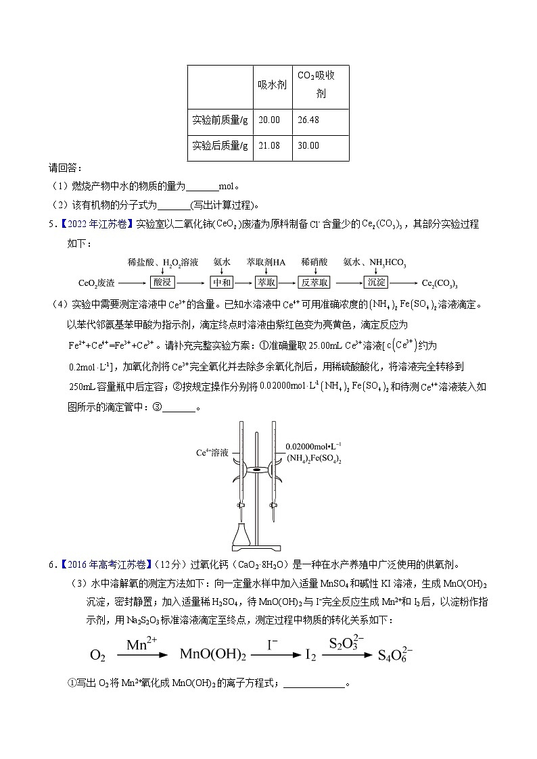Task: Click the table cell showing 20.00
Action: [x=268, y=120]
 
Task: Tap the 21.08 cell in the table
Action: [x=268, y=145]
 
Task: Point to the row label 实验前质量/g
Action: [x=220, y=120]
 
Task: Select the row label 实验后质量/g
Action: [x=220, y=145]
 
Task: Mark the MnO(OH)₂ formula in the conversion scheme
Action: [x=212, y=654]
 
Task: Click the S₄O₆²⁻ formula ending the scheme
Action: [x=394, y=653]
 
